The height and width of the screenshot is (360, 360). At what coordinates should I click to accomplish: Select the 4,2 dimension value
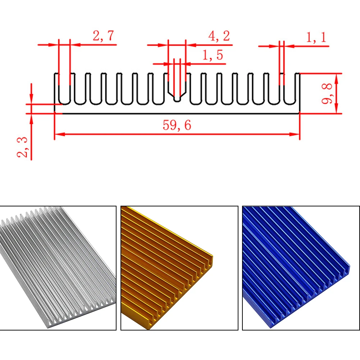219,36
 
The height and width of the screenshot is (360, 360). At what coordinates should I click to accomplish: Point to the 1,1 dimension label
316,37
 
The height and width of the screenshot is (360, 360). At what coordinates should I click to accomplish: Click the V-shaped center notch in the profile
177,94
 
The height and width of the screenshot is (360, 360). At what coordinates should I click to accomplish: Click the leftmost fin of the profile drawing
56,88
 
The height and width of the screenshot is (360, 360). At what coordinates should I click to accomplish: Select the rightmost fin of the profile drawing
297,88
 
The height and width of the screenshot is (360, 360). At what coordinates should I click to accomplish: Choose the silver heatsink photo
58,268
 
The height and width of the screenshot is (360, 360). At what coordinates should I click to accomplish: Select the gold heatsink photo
179,268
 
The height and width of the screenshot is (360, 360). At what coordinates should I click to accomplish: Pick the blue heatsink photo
301,268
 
